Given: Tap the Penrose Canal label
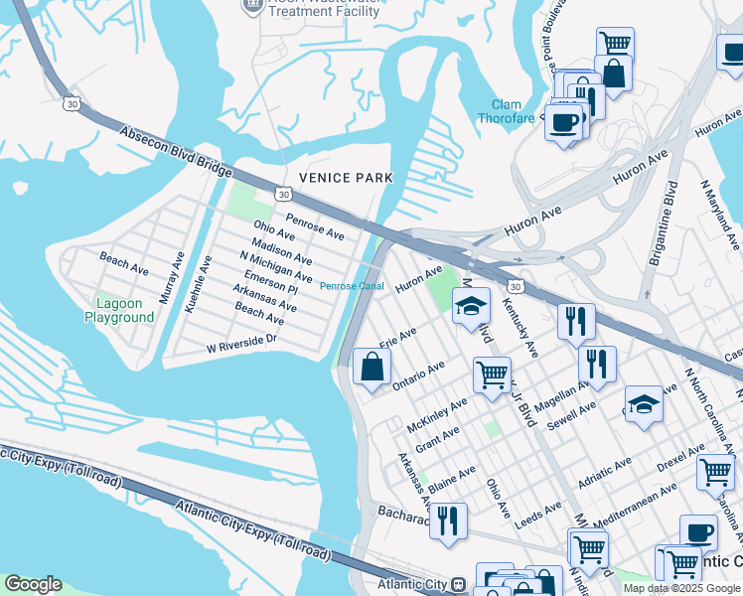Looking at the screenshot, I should (351, 287).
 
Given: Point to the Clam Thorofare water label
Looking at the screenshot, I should (514, 112).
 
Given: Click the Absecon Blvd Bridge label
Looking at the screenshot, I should (180, 154).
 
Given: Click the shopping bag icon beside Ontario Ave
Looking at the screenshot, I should (371, 367).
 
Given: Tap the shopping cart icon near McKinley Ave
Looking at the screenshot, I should (492, 375).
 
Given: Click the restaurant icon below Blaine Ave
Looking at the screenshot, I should (448, 520).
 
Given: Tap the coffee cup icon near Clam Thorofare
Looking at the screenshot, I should (564, 123).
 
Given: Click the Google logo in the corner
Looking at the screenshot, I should (34, 584).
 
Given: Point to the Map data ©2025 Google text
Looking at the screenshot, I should (681, 588).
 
